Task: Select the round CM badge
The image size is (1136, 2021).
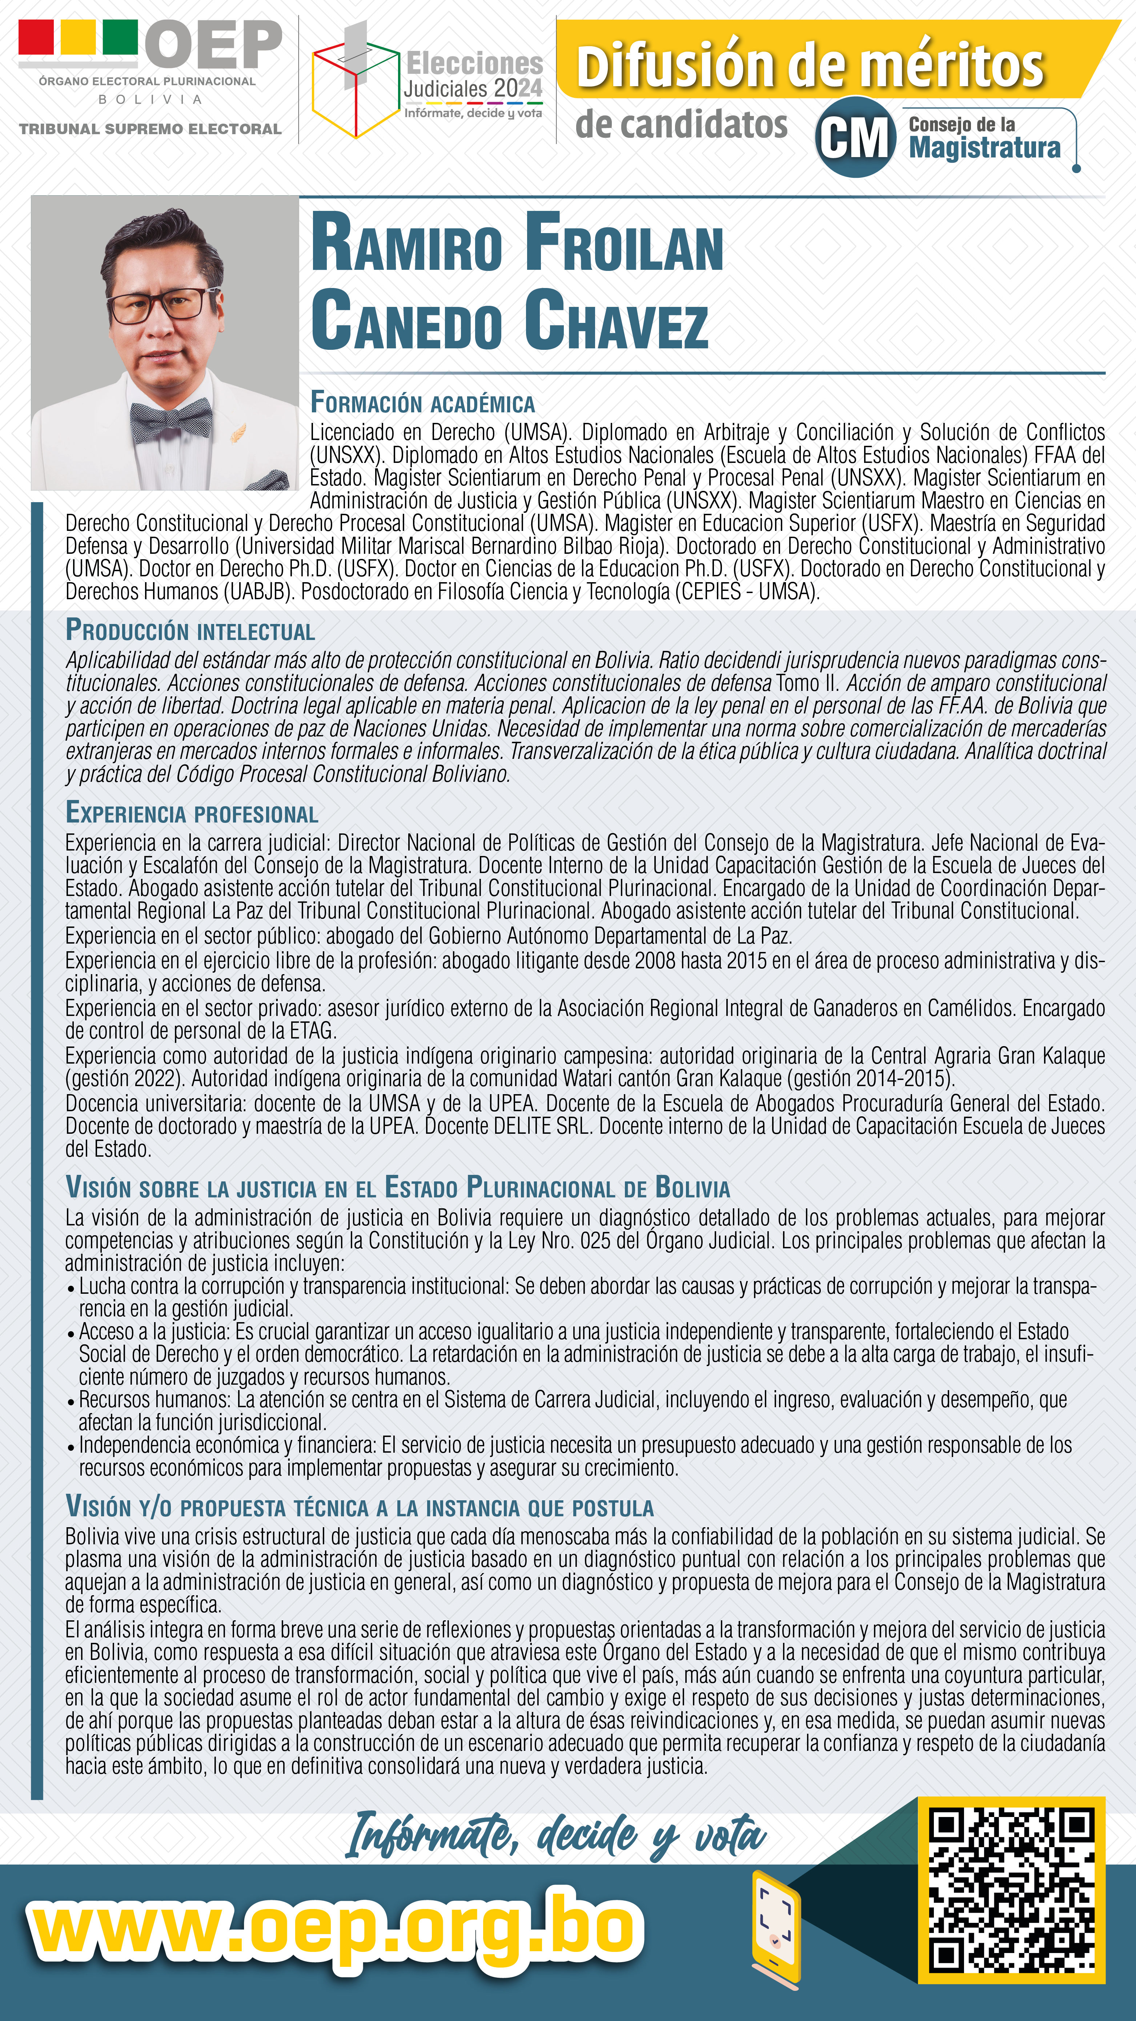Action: pyautogui.click(x=855, y=137)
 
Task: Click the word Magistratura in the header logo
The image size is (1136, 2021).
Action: pyautogui.click(x=984, y=148)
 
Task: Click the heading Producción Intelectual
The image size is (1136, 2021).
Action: pyautogui.click(x=190, y=631)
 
